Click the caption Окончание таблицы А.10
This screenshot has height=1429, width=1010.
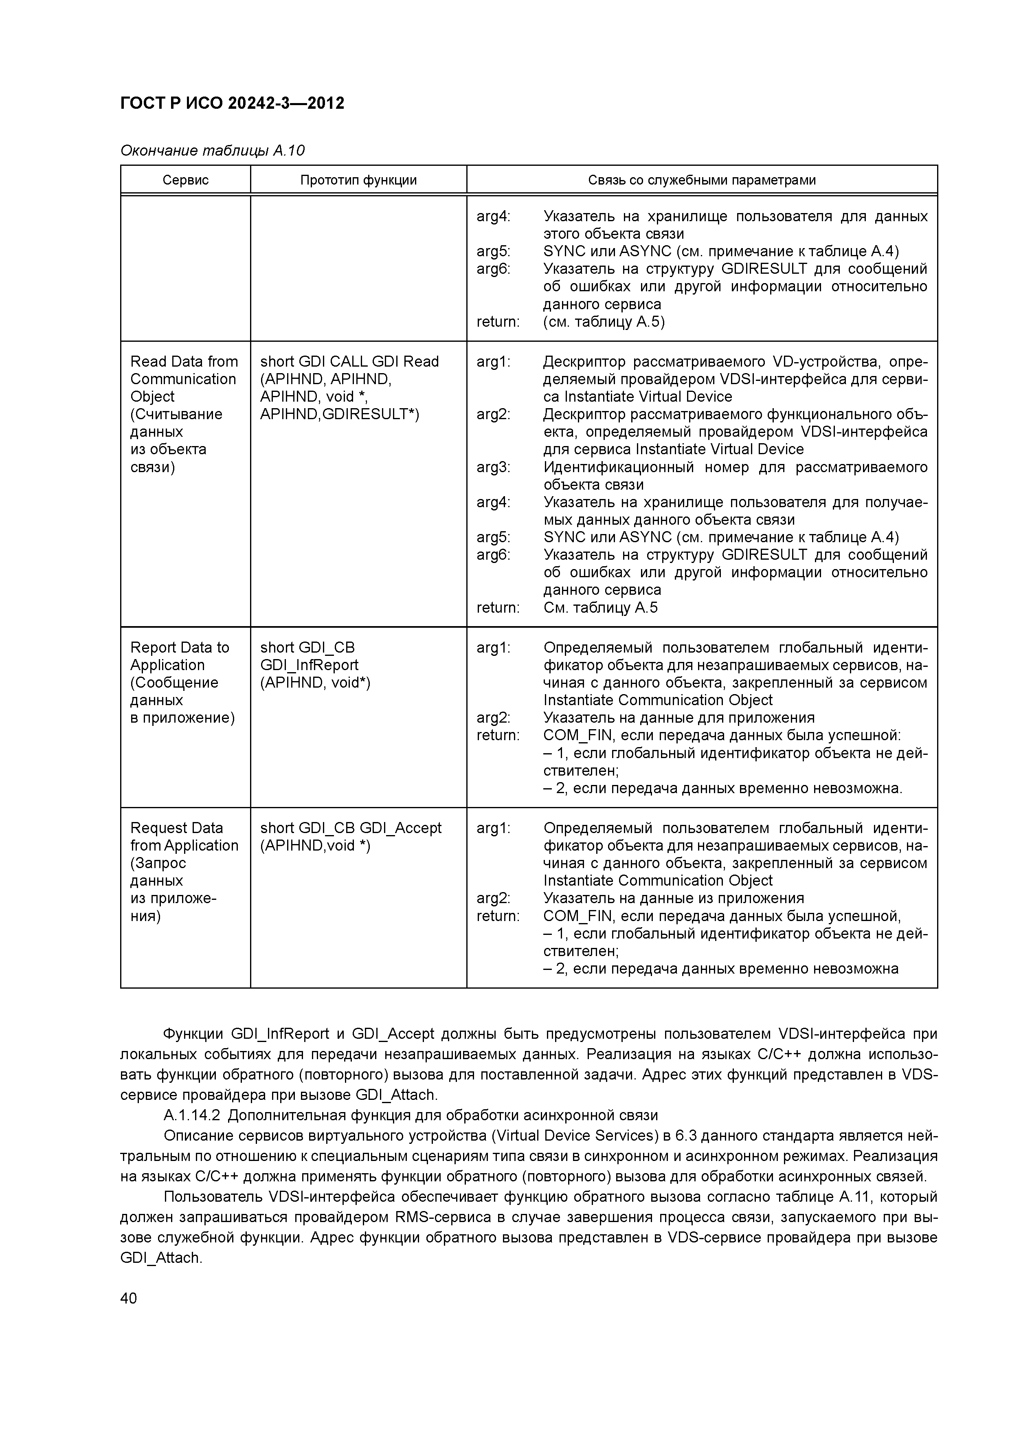[x=212, y=151]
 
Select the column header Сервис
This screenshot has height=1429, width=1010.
[x=185, y=180]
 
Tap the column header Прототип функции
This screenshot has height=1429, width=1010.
[x=358, y=180]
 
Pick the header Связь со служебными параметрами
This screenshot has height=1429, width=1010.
[x=701, y=180]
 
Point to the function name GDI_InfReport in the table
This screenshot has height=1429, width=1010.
[x=309, y=665]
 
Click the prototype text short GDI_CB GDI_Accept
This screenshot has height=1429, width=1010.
[x=350, y=828]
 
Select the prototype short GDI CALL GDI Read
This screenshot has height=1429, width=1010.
[x=349, y=362]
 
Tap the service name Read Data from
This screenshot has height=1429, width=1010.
[x=184, y=362]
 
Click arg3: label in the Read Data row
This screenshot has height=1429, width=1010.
[x=493, y=467]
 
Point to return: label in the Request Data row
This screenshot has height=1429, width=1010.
[x=497, y=916]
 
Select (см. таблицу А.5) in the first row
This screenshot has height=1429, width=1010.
[x=604, y=322]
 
